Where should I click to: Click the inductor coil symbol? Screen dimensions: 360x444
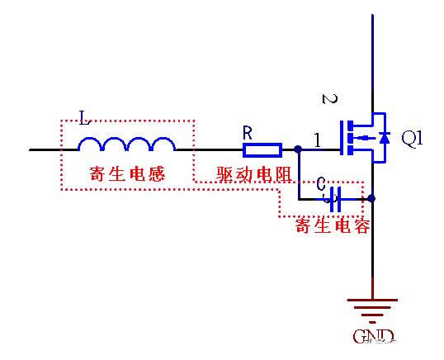tap(127, 145)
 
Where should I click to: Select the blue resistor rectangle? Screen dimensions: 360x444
tap(262, 150)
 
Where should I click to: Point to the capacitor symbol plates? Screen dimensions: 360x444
tap(333, 198)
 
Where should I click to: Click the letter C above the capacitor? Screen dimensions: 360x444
tap(320, 182)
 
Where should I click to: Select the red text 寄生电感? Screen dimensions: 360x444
tap(127, 175)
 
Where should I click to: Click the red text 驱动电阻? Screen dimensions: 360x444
tap(243, 175)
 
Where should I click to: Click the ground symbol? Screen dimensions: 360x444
tap(372, 309)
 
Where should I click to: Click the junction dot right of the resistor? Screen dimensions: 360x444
tap(296, 150)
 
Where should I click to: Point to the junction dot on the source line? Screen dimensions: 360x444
tap(373, 198)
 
